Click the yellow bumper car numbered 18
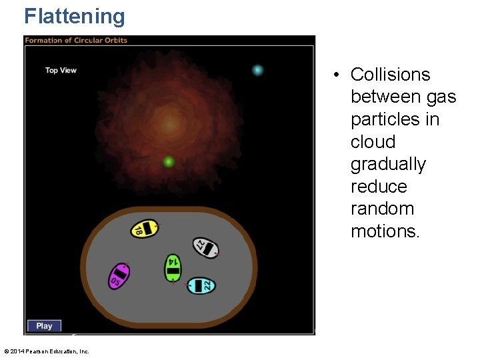(144, 229)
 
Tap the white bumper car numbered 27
(205, 247)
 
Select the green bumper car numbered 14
(173, 267)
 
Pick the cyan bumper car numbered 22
(201, 285)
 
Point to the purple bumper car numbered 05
(119, 275)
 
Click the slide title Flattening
(75, 16)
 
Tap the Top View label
(61, 70)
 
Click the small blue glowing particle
(257, 70)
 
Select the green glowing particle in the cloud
(169, 161)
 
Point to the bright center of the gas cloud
(170, 123)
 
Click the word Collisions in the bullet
(390, 75)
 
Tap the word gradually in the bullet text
(388, 164)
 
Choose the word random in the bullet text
(382, 209)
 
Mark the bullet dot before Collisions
(339, 75)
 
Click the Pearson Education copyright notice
(47, 351)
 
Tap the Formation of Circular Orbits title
(76, 40)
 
